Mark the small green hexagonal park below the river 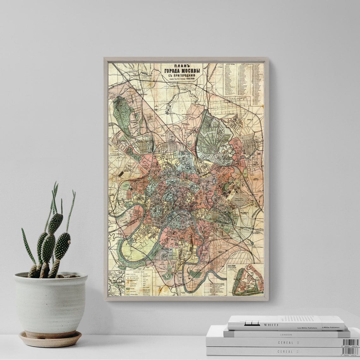tap(195, 273)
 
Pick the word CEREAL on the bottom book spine tap(285, 351)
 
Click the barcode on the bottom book tap(350, 351)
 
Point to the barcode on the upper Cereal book tap(350, 342)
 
